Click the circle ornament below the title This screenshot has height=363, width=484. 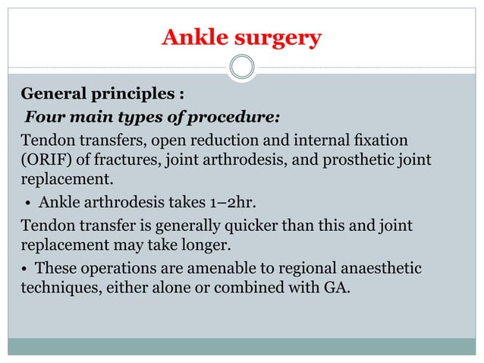(x=242, y=68)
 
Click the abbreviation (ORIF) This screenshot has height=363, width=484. (x=42, y=161)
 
